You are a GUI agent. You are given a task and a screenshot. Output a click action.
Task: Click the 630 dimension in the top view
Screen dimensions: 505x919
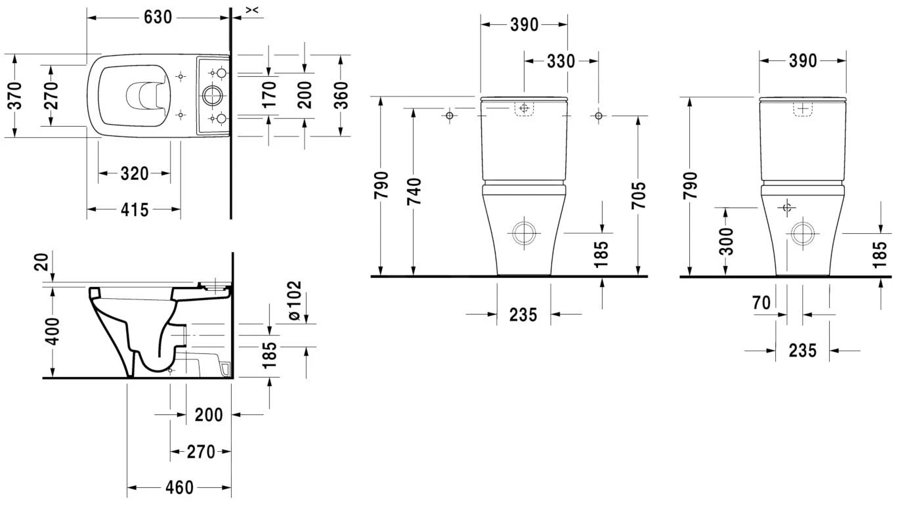click(158, 17)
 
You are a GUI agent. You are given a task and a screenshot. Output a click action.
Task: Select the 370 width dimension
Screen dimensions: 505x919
click(15, 96)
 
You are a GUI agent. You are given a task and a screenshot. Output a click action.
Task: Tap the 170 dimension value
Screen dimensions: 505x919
click(269, 96)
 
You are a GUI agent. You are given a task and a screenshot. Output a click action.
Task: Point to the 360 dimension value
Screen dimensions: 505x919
click(341, 96)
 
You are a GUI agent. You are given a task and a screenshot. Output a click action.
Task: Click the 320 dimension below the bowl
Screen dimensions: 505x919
click(134, 174)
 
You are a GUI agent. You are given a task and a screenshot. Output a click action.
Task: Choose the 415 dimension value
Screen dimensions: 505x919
click(134, 209)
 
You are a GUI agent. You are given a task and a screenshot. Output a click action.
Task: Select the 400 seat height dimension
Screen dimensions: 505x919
click(53, 332)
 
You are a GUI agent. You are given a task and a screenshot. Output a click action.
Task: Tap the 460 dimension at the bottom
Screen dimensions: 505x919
click(179, 488)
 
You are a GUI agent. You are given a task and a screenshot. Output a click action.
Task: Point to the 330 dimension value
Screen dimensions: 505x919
click(561, 61)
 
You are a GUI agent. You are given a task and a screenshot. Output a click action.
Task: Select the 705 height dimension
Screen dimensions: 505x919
click(638, 195)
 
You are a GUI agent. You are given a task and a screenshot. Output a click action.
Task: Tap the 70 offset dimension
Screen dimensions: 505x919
click(761, 303)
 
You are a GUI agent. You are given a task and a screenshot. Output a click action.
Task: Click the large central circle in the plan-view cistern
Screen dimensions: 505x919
click(213, 96)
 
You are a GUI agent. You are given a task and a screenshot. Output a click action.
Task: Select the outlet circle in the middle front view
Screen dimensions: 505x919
click(524, 232)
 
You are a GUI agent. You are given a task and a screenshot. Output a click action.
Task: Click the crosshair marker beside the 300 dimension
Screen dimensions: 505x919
click(787, 208)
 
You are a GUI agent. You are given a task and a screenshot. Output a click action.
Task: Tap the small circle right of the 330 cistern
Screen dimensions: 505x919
click(597, 116)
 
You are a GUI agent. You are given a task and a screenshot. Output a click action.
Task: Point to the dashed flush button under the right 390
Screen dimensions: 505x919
click(803, 109)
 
